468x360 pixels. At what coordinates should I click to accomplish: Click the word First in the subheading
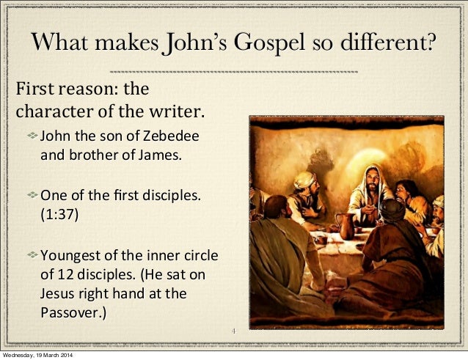point(34,91)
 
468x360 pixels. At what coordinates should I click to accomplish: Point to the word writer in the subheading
point(175,114)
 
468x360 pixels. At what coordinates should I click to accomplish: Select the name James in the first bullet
point(158,155)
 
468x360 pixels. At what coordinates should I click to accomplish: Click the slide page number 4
point(233,332)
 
